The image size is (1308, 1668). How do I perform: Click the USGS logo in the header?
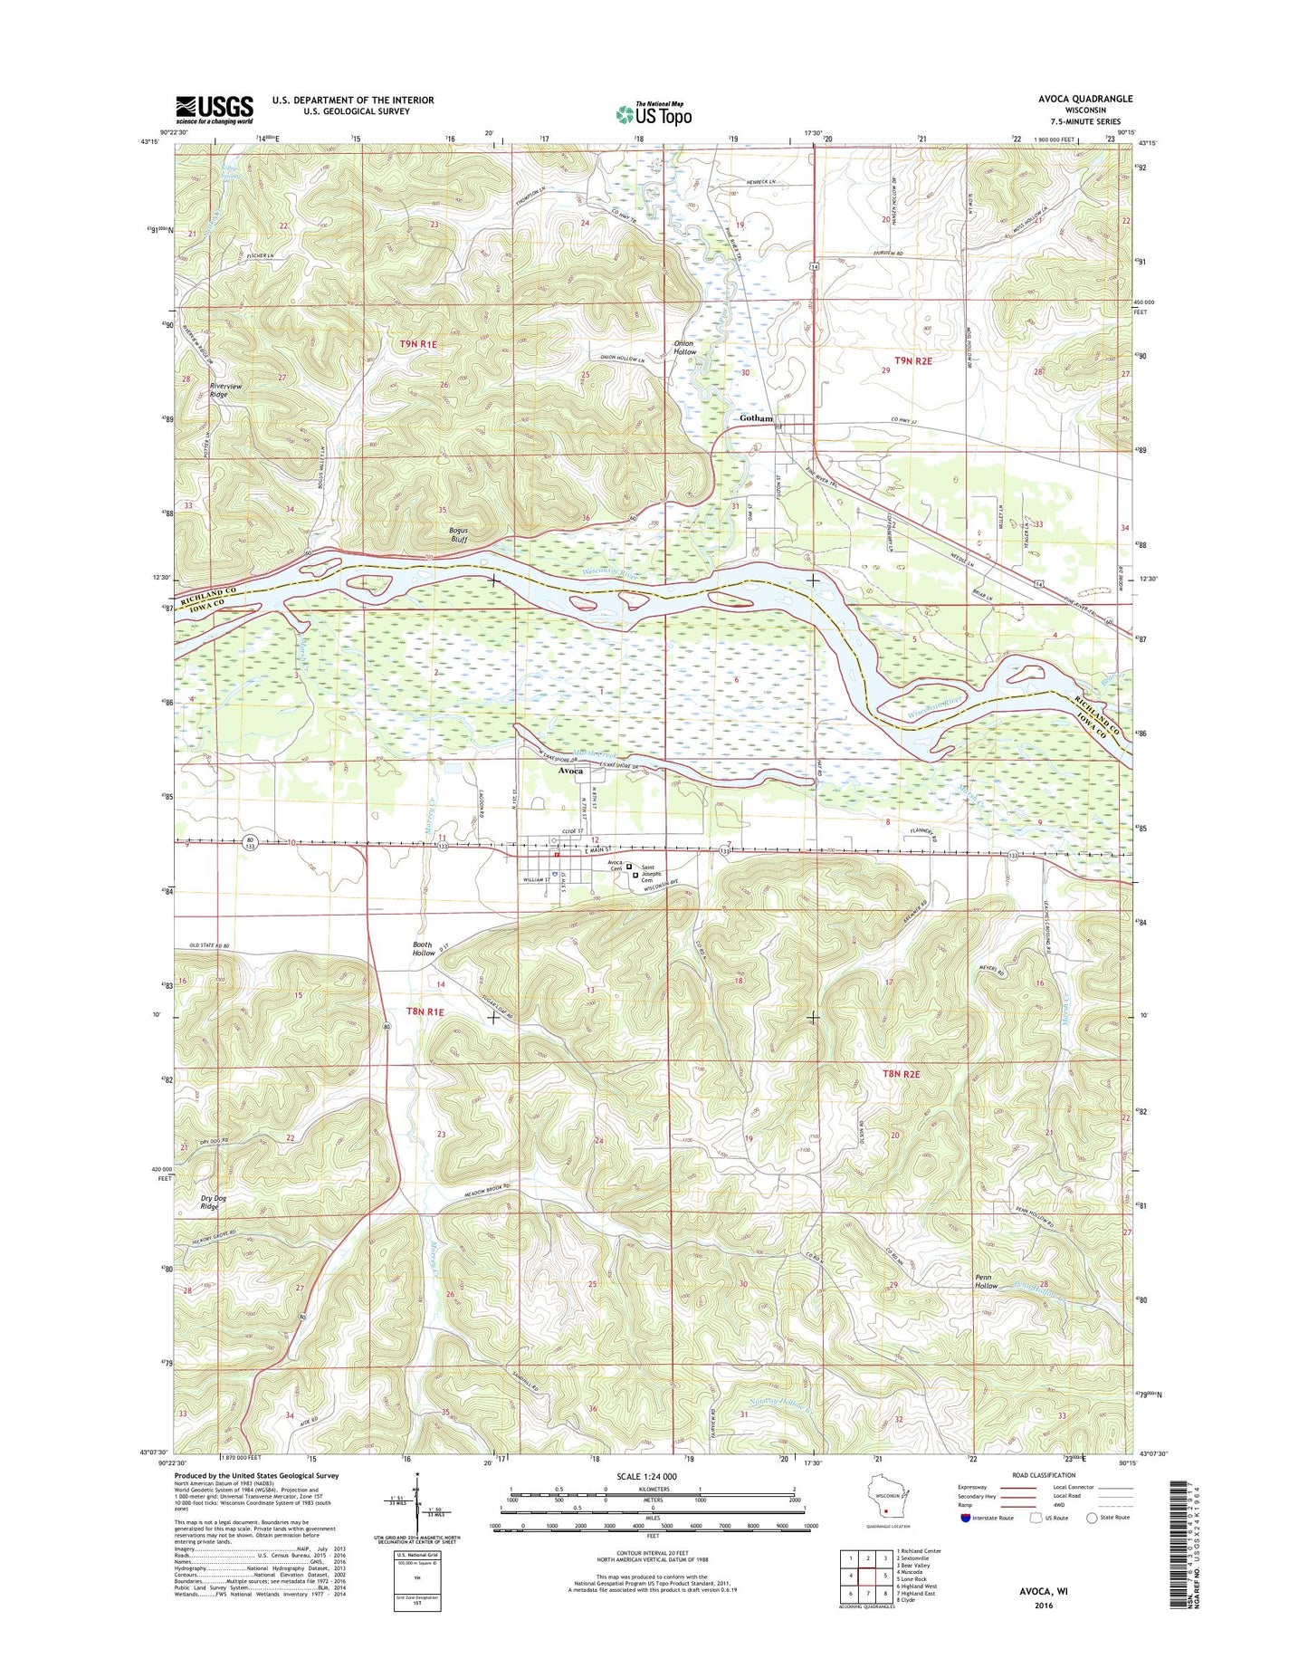[215, 110]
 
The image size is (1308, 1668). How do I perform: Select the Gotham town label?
[756, 418]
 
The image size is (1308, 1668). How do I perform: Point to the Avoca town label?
[570, 771]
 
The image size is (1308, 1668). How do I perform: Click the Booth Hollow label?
[424, 949]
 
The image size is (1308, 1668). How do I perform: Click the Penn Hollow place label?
[986, 1281]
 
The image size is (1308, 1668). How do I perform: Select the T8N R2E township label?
[901, 1074]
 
